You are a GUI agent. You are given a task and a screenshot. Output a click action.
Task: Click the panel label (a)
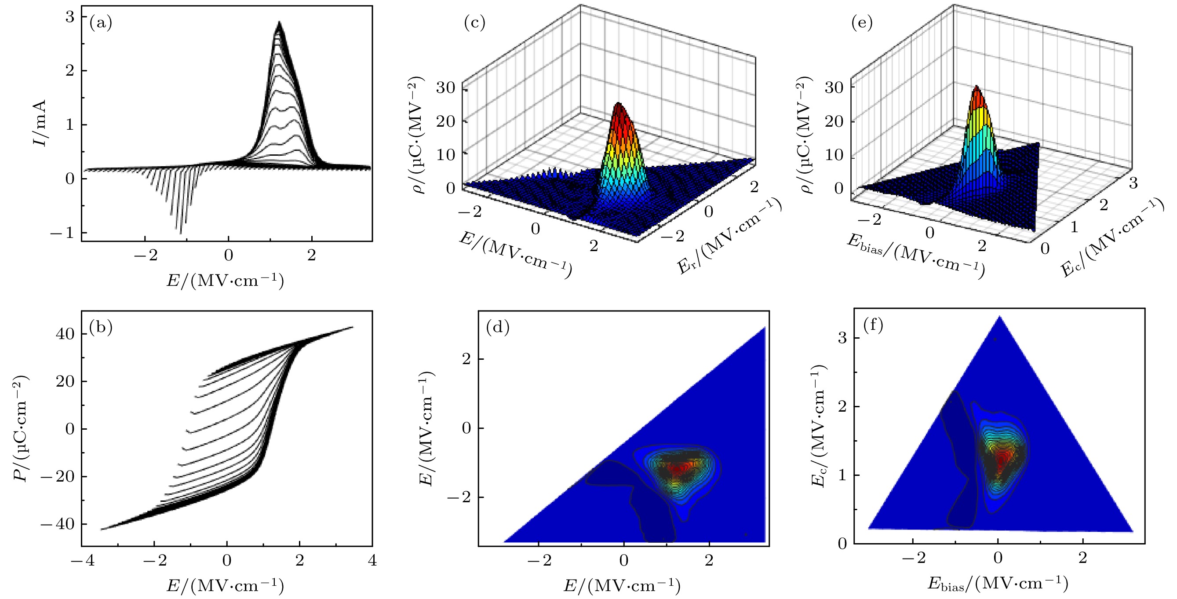pos(101,23)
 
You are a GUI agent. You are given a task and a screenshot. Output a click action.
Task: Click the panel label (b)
pos(101,327)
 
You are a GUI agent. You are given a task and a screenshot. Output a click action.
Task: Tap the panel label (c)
pos(474,22)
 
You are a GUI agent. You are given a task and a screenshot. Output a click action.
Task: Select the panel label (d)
pos(498,327)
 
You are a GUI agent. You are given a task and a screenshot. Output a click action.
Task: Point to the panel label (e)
pos(862,22)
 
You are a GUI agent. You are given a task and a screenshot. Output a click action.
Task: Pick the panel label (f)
pos(873,325)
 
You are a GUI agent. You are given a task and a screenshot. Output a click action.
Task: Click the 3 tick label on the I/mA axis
pos(69,17)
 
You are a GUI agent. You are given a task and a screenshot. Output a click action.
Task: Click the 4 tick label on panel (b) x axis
pos(372,561)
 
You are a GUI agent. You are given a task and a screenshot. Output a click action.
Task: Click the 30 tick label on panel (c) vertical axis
pos(445,87)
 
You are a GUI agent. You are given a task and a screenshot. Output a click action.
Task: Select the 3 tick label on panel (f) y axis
pos(842,338)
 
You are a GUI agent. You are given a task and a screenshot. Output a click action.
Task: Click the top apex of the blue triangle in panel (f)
pos(1000,316)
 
